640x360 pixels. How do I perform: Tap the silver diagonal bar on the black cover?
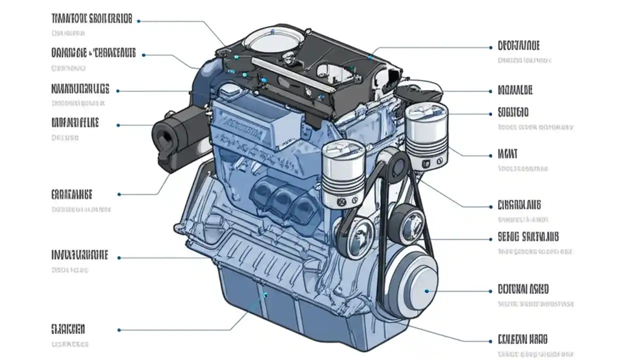point(292,75)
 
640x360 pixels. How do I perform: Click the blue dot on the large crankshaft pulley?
point(426,290)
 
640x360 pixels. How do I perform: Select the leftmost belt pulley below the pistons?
point(356,235)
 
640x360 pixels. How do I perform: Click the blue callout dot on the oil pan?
point(265,294)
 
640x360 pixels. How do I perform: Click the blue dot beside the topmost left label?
point(138,21)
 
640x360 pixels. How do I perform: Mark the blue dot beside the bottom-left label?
point(119,330)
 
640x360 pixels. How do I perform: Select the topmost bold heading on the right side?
point(518,46)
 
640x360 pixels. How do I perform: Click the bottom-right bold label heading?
point(522,339)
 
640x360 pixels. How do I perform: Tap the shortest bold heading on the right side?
point(507,153)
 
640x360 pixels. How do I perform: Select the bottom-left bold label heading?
point(68,329)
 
